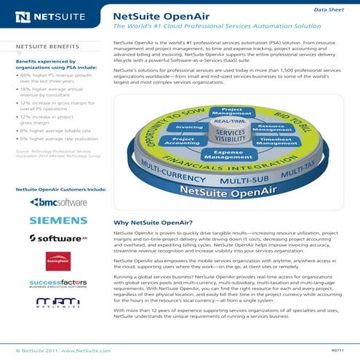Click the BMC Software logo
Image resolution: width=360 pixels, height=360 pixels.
click(58, 201)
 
